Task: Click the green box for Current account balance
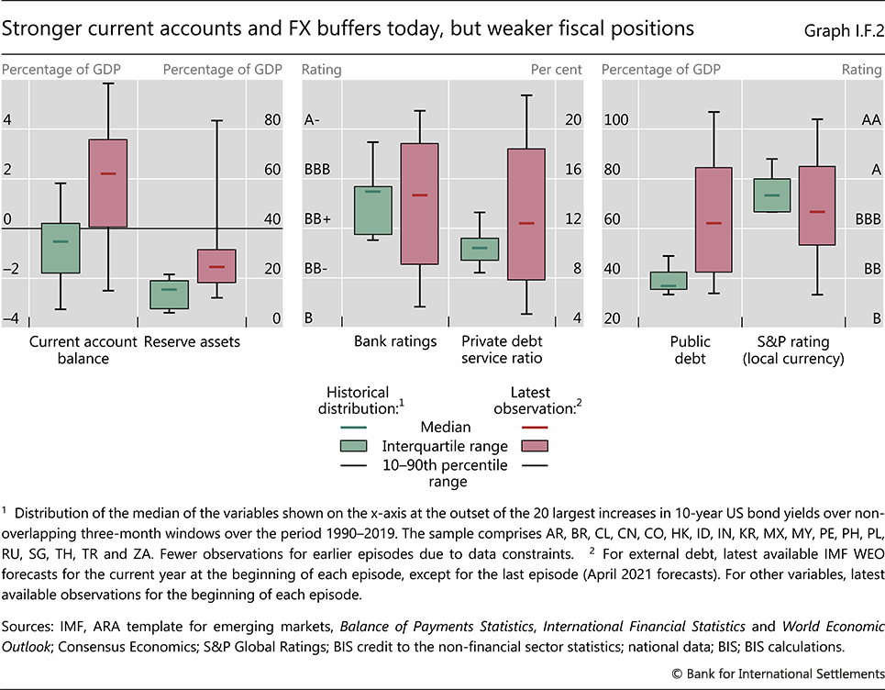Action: point(61,249)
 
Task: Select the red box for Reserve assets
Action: point(216,266)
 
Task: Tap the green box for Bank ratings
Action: point(372,210)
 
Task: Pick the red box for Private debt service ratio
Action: point(526,214)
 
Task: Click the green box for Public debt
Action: point(669,281)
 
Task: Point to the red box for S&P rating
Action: point(816,206)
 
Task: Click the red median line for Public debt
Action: point(713,223)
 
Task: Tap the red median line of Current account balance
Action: point(108,173)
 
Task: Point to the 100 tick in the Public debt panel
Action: point(616,120)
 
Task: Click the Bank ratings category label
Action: point(395,342)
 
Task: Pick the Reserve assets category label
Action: point(193,342)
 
